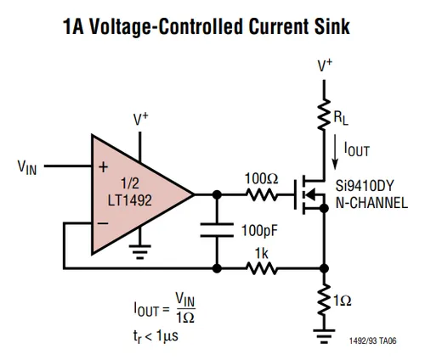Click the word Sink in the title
pyautogui.click(x=331, y=26)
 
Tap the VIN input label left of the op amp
pyautogui.click(x=27, y=167)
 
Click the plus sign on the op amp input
pyautogui.click(x=103, y=167)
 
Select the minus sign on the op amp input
pyautogui.click(x=103, y=223)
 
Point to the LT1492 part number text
pyautogui.click(x=130, y=200)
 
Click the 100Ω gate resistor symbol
pyautogui.click(x=262, y=194)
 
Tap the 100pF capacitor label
pyautogui.click(x=259, y=230)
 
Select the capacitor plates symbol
pyautogui.click(x=217, y=230)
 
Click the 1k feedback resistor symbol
pyautogui.click(x=262, y=268)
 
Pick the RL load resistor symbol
pyautogui.click(x=324, y=115)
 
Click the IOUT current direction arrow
pyautogui.click(x=335, y=152)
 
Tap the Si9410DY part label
pyautogui.click(x=365, y=186)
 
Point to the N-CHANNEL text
pyautogui.click(x=371, y=203)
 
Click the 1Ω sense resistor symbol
pyautogui.click(x=324, y=300)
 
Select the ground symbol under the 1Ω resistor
pyautogui.click(x=324, y=336)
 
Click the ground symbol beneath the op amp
pyautogui.click(x=140, y=252)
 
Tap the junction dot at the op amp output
pyautogui.click(x=217, y=194)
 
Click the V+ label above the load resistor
pyautogui.click(x=325, y=65)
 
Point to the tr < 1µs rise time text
pyautogui.click(x=156, y=336)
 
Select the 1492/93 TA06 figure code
pyautogui.click(x=373, y=340)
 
